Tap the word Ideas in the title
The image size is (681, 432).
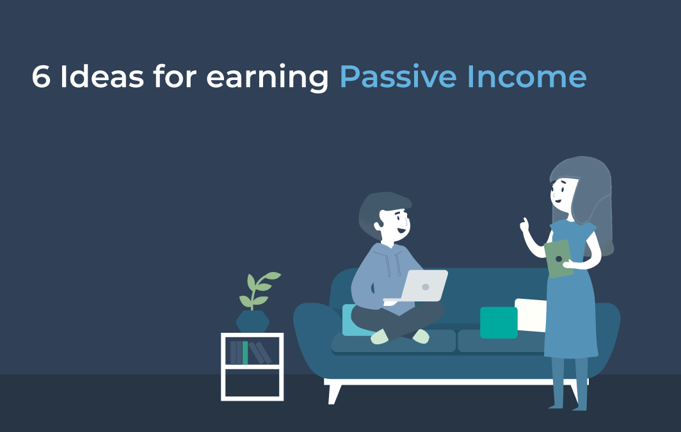coord(100,77)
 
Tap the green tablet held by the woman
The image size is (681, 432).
coord(559,259)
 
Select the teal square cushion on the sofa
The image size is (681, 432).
coord(499,323)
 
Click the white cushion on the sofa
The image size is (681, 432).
coord(531,314)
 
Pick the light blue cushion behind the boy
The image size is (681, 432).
coord(351,320)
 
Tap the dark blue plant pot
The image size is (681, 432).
coord(252,321)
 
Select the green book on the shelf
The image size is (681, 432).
coord(245,353)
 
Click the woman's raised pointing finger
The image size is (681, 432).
coord(525,223)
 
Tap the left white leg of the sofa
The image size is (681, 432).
coord(334,392)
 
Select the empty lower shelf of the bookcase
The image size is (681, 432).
coord(252,383)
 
